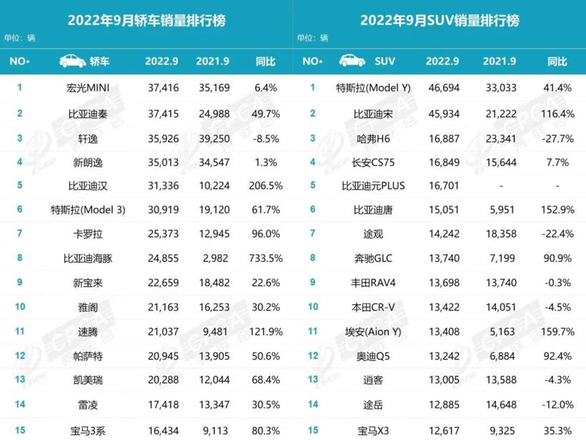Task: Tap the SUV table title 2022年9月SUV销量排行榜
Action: [x=439, y=20]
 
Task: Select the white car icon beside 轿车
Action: [x=73, y=61]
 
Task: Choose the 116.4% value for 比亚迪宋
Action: [x=553, y=113]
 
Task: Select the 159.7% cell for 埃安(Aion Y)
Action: [x=553, y=332]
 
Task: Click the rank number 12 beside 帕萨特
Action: [x=20, y=356]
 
